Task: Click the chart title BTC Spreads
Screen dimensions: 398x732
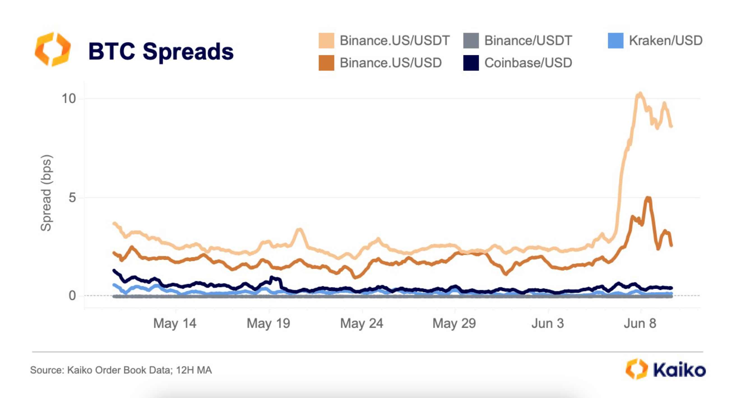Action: [x=161, y=52]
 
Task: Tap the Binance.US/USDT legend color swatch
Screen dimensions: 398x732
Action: [x=326, y=40]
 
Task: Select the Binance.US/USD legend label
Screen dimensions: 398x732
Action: [x=391, y=63]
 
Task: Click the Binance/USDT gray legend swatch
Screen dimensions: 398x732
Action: [x=471, y=40]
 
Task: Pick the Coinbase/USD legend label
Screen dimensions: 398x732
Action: [x=528, y=63]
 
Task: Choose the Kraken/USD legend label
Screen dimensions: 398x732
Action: [x=666, y=40]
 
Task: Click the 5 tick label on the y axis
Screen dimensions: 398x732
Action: [x=72, y=197]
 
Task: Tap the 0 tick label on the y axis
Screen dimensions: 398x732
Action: [x=72, y=296]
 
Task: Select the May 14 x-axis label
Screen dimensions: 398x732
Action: [x=175, y=323]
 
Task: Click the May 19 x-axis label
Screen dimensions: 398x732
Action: [x=268, y=323]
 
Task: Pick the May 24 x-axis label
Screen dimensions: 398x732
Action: [x=362, y=323]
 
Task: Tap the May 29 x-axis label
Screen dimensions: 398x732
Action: [x=454, y=323]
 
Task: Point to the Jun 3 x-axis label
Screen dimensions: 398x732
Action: [x=548, y=323]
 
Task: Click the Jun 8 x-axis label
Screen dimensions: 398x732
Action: [x=640, y=323]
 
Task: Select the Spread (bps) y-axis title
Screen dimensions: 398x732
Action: [x=46, y=193]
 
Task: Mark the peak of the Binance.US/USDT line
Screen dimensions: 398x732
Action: [x=640, y=93]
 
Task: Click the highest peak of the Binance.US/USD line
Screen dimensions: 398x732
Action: [x=648, y=198]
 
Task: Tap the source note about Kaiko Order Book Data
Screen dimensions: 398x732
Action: [x=121, y=370]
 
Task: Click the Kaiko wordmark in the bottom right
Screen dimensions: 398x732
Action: [x=679, y=370]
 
